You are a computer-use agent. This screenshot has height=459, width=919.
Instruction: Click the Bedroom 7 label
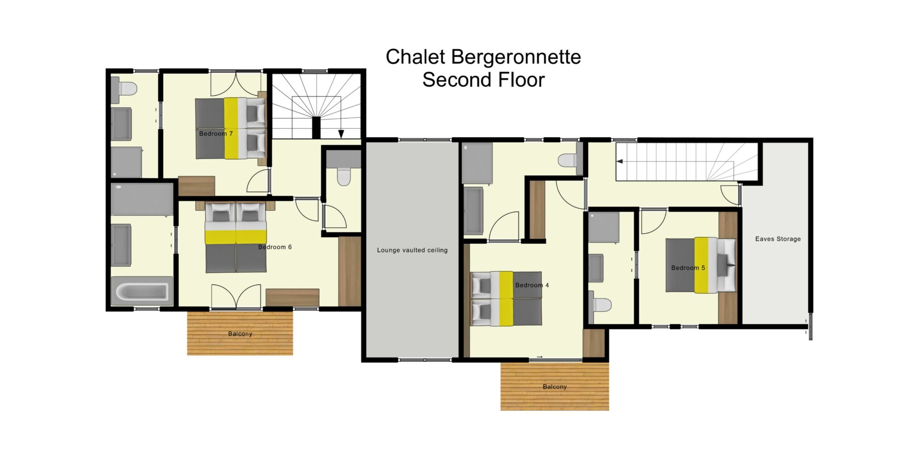click(216, 134)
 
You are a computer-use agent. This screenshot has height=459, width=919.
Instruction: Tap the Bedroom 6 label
click(275, 247)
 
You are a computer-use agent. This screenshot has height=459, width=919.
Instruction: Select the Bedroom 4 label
click(532, 285)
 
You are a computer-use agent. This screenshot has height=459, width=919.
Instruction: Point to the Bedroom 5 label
click(688, 268)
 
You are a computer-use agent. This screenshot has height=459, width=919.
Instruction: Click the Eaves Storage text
click(778, 239)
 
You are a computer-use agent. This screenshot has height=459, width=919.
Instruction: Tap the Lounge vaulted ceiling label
click(412, 250)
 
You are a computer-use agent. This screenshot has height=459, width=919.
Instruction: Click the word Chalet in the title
click(415, 57)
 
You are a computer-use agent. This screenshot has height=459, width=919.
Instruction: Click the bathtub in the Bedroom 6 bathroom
click(142, 291)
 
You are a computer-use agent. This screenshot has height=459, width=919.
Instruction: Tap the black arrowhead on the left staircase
click(341, 134)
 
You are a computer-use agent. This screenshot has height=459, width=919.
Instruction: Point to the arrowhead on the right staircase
click(620, 162)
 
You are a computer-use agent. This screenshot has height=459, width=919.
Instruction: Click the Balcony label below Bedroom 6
click(240, 334)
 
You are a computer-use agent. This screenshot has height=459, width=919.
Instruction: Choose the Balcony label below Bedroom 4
click(555, 386)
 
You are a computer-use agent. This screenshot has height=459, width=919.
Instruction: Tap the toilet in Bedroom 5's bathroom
click(600, 305)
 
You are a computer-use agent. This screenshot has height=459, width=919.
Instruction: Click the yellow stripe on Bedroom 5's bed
click(701, 265)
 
